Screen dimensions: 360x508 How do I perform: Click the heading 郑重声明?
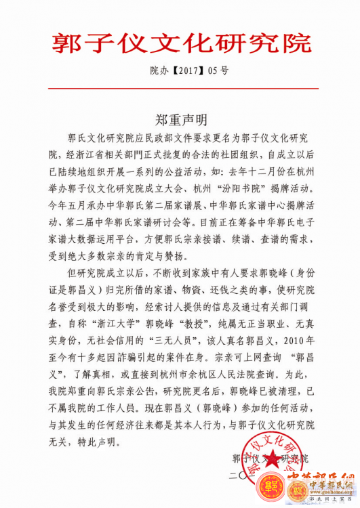pos(180,119)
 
